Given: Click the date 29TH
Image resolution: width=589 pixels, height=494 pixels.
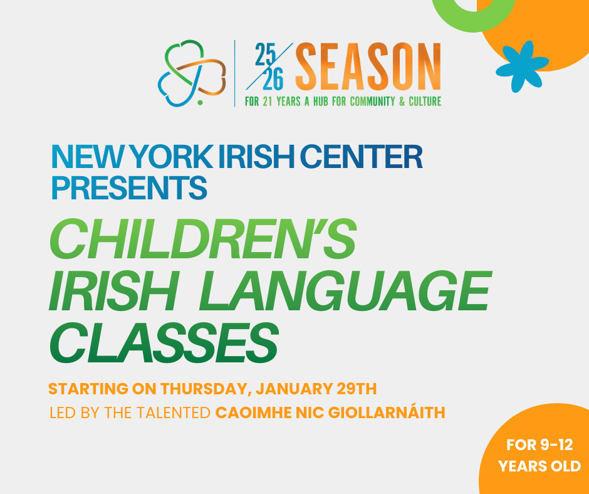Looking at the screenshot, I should pyautogui.click(x=355, y=389).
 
